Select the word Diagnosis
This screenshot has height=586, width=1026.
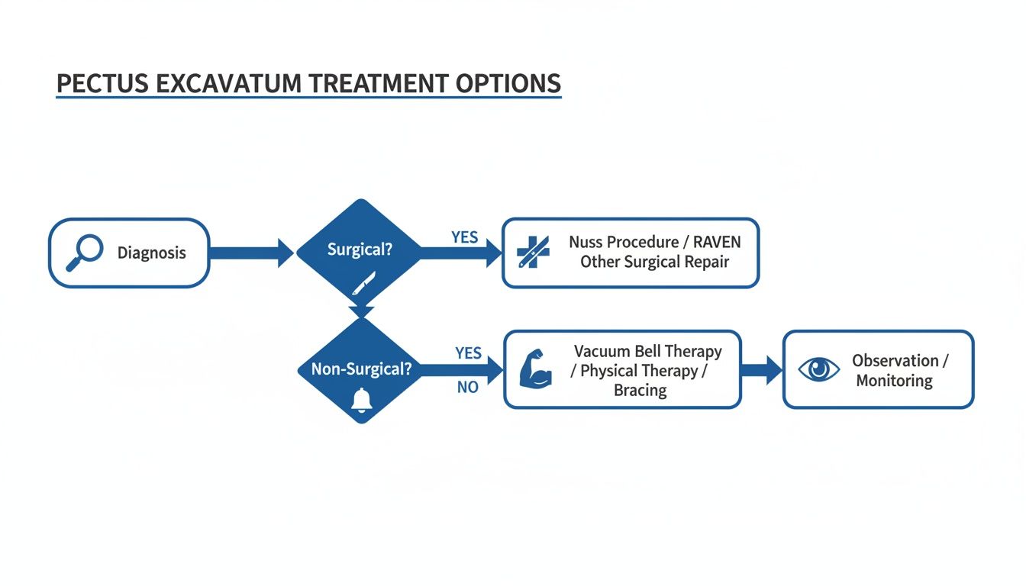[151, 253]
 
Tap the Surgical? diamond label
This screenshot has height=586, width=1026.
[359, 250]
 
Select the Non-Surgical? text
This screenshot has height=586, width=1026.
[361, 369]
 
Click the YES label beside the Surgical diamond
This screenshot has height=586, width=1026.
[464, 237]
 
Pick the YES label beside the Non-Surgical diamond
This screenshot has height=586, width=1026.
[468, 353]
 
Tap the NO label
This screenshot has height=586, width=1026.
[467, 388]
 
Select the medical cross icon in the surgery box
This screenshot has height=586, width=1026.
[532, 253]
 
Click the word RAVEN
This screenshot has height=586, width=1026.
[716, 243]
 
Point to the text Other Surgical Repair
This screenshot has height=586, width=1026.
[654, 262]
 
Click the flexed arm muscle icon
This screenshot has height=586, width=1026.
[535, 369]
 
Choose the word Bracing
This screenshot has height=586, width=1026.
[640, 391]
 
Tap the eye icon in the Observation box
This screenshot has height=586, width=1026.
[818, 369]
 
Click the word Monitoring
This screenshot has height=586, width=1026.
[894, 380]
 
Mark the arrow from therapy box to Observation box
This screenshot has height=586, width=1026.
[761, 369]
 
